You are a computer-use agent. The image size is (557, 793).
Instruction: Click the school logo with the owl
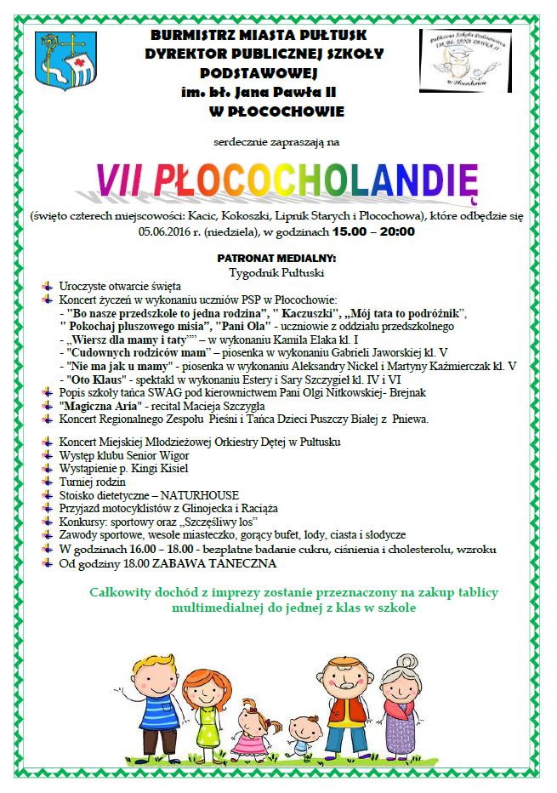tap(463, 61)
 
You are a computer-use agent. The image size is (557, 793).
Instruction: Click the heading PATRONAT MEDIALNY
tap(276, 258)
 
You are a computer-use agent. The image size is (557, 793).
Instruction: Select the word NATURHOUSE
tap(207, 494)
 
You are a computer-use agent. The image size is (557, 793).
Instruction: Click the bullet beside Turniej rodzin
tap(49, 482)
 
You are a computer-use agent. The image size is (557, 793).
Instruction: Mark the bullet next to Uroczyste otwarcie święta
tap(49, 288)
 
